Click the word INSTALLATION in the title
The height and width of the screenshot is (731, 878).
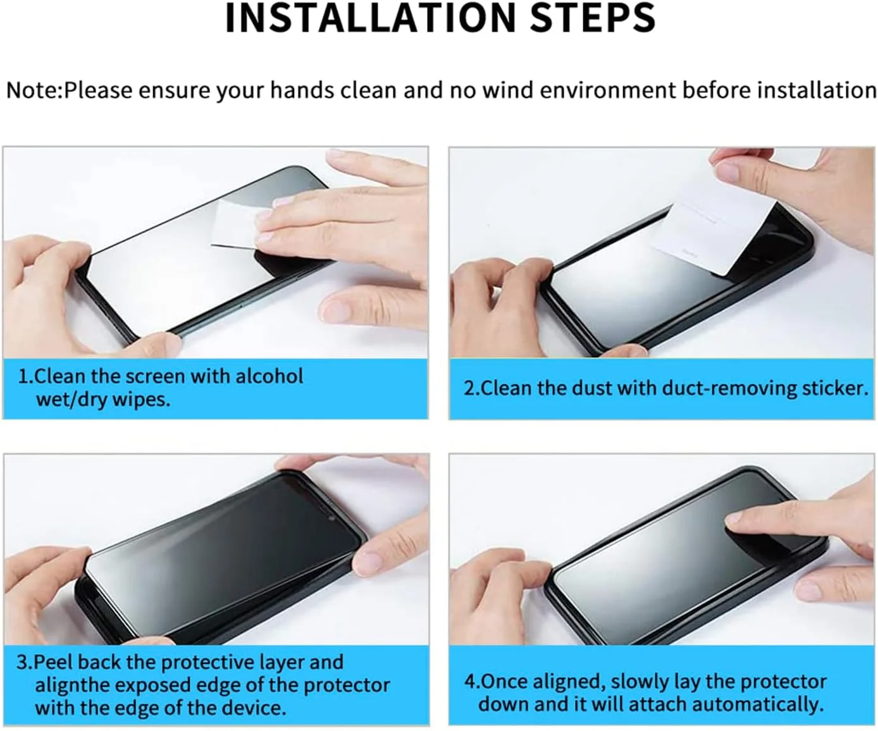[x=371, y=18]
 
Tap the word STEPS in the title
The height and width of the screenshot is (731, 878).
[x=593, y=18]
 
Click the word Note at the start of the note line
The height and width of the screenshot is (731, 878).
[x=32, y=90]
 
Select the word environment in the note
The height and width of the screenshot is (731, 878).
[x=608, y=90]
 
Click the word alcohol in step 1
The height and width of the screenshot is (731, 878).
[x=269, y=376]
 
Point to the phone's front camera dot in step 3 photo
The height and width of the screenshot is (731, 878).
[x=333, y=519]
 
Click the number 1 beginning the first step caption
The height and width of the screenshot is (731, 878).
[x=23, y=376]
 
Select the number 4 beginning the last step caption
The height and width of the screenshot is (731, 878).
[x=470, y=682]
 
